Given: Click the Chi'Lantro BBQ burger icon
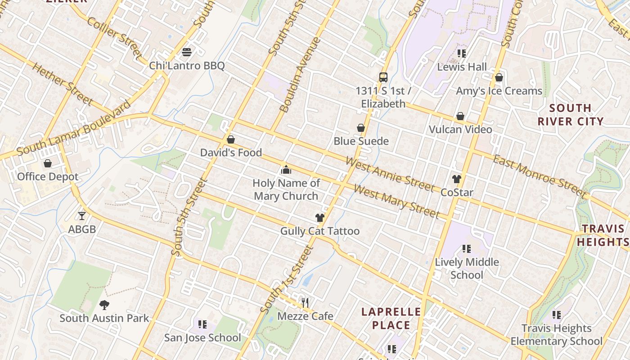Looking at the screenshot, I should click(187, 52).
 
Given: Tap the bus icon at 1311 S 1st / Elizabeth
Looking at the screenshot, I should click(383, 77).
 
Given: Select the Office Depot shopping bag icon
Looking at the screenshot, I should click(48, 163).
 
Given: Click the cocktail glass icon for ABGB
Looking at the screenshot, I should click(82, 216).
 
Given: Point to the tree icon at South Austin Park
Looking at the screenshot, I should click(104, 305).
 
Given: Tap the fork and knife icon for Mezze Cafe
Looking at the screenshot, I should click(306, 302).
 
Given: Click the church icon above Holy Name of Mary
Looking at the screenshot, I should click(286, 170).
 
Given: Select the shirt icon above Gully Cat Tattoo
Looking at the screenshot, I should click(319, 218).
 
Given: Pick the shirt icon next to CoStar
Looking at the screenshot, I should click(457, 179).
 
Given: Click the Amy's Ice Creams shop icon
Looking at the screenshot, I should click(499, 77).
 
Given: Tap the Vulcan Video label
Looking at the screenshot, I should click(460, 130).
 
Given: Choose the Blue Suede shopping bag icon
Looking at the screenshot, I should click(361, 128).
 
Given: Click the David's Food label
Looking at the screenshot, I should click(231, 153).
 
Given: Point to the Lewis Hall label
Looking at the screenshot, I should click(462, 67).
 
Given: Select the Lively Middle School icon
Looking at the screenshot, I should click(467, 248).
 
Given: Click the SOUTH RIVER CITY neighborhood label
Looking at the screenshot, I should click(571, 115).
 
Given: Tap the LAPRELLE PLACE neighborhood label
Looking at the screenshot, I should click(391, 319).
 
